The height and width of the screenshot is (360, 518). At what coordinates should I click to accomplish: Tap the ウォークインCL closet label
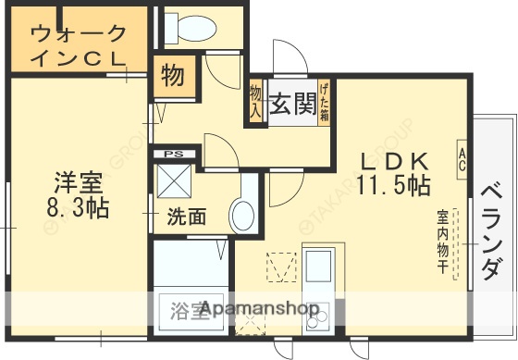(x=78, y=44)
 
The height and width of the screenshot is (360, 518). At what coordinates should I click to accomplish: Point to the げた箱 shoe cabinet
(x=325, y=103)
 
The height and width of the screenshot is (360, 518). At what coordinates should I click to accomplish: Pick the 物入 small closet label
(x=256, y=103)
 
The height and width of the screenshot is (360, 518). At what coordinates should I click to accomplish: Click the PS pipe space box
(x=172, y=153)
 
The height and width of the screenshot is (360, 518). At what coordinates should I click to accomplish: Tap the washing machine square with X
(x=174, y=180)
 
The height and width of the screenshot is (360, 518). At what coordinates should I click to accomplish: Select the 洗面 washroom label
(x=186, y=217)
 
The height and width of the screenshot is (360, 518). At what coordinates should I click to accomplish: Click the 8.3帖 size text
(x=79, y=207)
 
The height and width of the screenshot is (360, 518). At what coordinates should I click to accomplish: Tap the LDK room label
(x=393, y=158)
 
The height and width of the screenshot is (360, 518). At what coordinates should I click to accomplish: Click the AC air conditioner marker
(x=460, y=157)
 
